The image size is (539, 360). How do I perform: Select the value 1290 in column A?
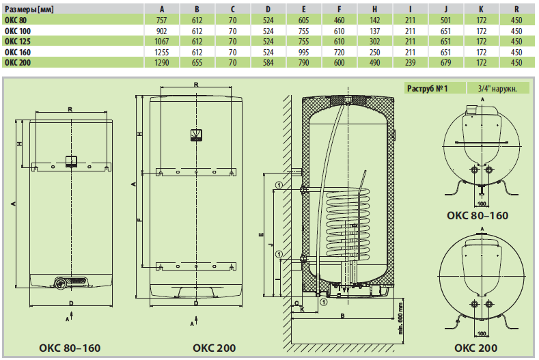point(161,62)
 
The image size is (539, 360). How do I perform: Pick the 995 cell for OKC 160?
point(304,51)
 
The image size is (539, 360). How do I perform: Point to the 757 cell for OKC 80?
point(161,20)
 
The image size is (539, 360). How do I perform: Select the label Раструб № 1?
point(427,89)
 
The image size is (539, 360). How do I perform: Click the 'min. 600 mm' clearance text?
point(400,320)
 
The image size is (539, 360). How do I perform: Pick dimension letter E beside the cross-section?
point(262,234)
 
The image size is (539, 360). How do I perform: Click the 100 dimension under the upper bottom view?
point(481,203)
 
